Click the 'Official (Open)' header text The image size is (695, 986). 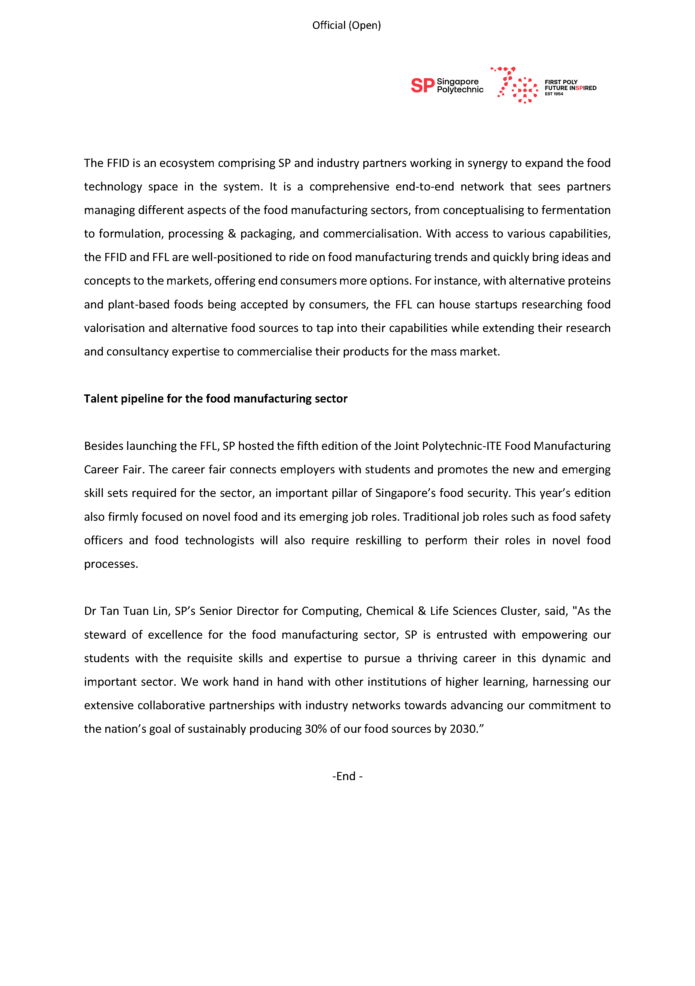tap(346, 25)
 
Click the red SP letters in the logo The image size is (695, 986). tap(422, 85)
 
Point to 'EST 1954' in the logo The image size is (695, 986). tap(554, 94)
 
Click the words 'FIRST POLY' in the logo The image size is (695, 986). tap(561, 82)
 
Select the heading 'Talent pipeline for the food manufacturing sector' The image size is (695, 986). tap(216, 399)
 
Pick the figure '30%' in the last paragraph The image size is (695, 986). tap(316, 729)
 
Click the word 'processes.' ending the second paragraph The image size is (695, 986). tap(111, 564)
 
